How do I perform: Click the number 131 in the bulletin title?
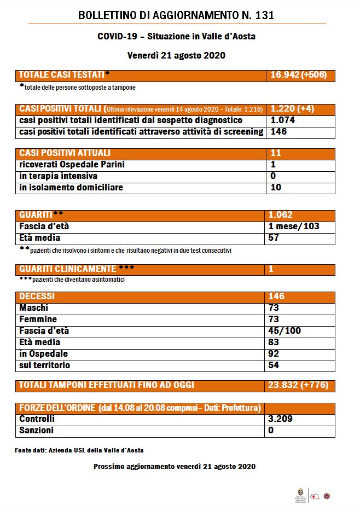pyautogui.click(x=263, y=15)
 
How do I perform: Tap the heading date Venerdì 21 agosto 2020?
pyautogui.click(x=176, y=55)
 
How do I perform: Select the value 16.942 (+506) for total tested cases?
pyautogui.click(x=299, y=75)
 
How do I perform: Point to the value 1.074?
pyautogui.click(x=283, y=120)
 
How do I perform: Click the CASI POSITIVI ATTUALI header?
pyautogui.click(x=65, y=153)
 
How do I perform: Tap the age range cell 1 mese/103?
pyautogui.click(x=294, y=226)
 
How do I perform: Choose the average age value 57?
pyautogui.click(x=274, y=238)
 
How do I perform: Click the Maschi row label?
pyautogui.click(x=34, y=308)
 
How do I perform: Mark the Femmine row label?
pyautogui.click(x=38, y=319)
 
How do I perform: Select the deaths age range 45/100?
pyautogui.click(x=284, y=331)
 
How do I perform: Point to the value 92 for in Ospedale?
pyautogui.click(x=274, y=353)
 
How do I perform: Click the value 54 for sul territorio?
pyautogui.click(x=274, y=365)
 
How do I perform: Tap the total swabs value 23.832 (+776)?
pyautogui.click(x=299, y=385)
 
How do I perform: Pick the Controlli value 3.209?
pyautogui.click(x=283, y=419)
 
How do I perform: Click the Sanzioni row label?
pyautogui.click(x=36, y=431)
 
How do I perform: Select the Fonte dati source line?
pyautogui.click(x=79, y=450)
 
